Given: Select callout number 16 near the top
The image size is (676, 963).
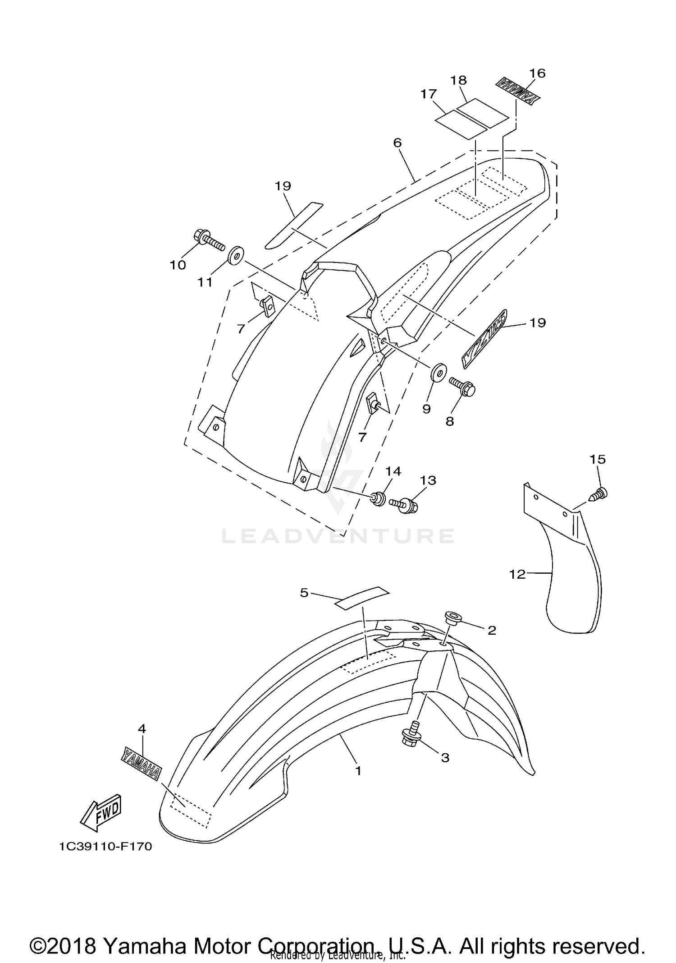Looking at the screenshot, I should pyautogui.click(x=537, y=73).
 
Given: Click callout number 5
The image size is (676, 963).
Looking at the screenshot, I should pyautogui.click(x=304, y=593).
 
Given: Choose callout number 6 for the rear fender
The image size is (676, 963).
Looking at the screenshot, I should pyautogui.click(x=397, y=143).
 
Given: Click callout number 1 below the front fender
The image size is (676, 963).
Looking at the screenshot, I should pyautogui.click(x=358, y=771).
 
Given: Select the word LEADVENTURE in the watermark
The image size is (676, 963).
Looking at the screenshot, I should pyautogui.click(x=338, y=535).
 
